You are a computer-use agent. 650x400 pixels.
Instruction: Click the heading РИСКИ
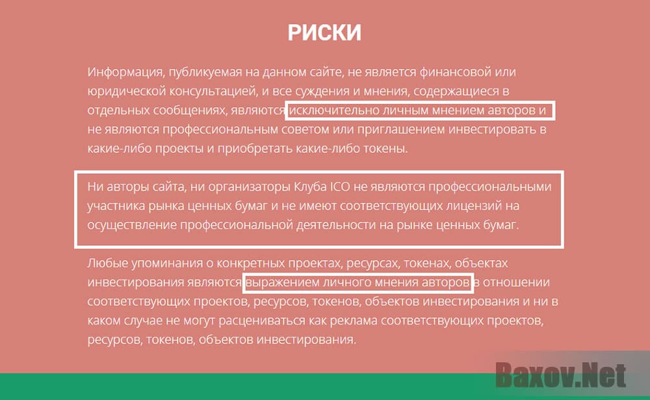pos(324,33)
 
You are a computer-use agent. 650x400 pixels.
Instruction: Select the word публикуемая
pos(192,72)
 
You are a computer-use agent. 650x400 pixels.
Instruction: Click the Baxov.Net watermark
pos(561,375)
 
